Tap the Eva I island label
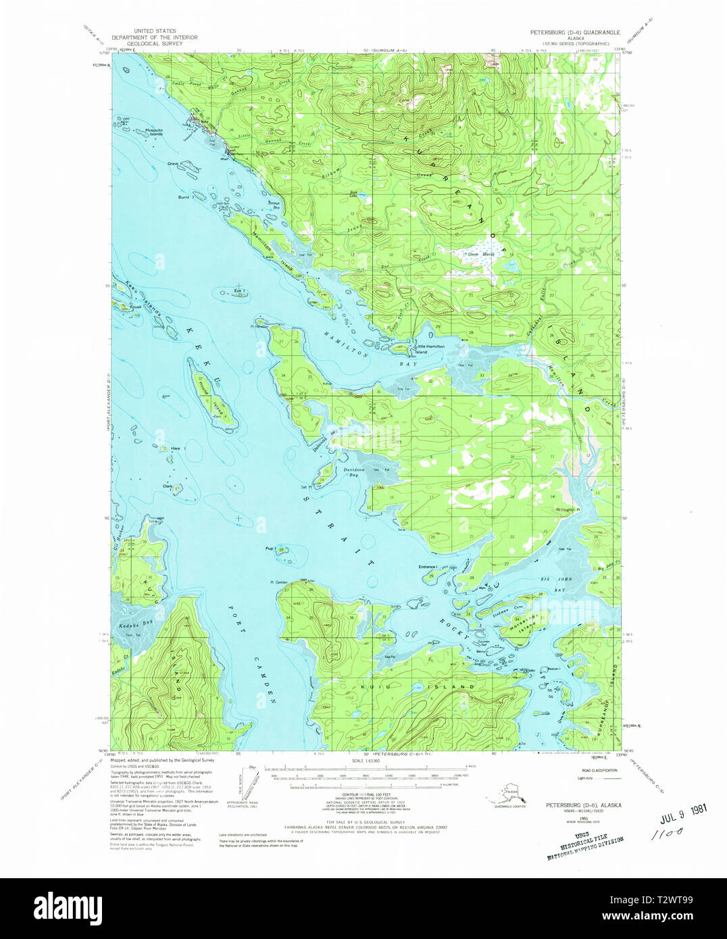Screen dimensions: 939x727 (x=239, y=291)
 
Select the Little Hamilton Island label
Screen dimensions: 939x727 (x=430, y=349)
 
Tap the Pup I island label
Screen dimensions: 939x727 (x=270, y=549)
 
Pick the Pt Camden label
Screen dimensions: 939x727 (x=280, y=582)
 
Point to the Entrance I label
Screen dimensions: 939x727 (x=428, y=566)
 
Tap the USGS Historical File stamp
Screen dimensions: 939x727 (x=585, y=846)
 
